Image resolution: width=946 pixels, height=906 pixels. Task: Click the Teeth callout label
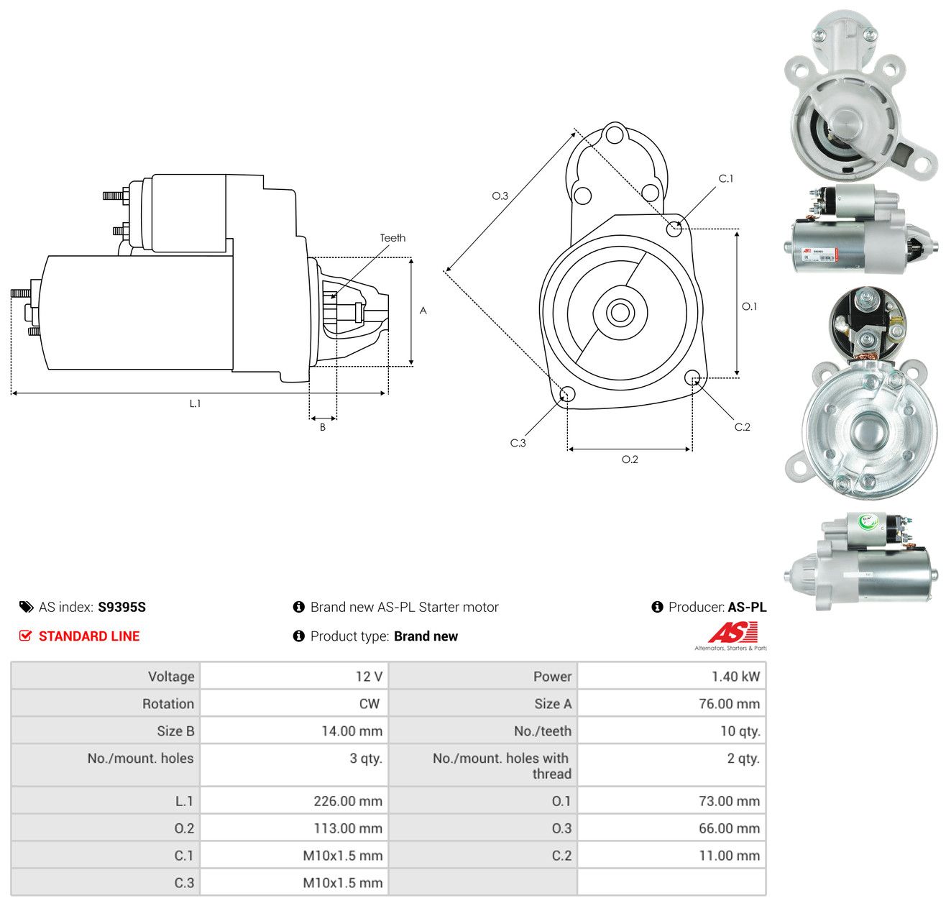click(392, 238)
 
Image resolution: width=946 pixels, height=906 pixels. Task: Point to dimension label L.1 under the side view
click(195, 403)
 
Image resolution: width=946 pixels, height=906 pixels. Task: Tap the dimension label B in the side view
click(322, 427)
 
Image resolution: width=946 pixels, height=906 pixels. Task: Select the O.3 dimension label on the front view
click(500, 196)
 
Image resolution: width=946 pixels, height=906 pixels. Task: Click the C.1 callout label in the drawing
click(725, 178)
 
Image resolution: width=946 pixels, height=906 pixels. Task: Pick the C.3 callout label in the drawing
click(518, 443)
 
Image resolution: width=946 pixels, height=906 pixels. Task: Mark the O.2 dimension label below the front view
click(630, 459)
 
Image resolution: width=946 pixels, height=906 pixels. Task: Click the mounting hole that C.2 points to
click(692, 377)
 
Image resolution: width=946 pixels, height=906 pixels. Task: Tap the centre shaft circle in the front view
click(620, 313)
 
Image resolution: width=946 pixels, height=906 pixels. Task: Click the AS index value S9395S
click(121, 607)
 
